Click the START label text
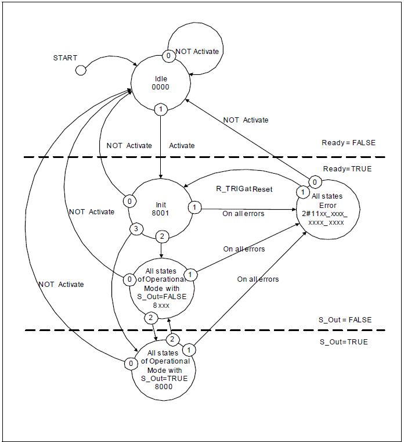65,58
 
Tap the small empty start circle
81,70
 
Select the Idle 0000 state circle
160,82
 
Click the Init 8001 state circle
160,209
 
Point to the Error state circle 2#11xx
327,210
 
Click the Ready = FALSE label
348,143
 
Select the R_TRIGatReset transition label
244,189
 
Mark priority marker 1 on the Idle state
160,109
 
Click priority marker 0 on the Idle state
168,56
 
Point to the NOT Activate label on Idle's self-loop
197,52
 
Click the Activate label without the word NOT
182,146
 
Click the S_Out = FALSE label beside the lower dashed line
345,320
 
